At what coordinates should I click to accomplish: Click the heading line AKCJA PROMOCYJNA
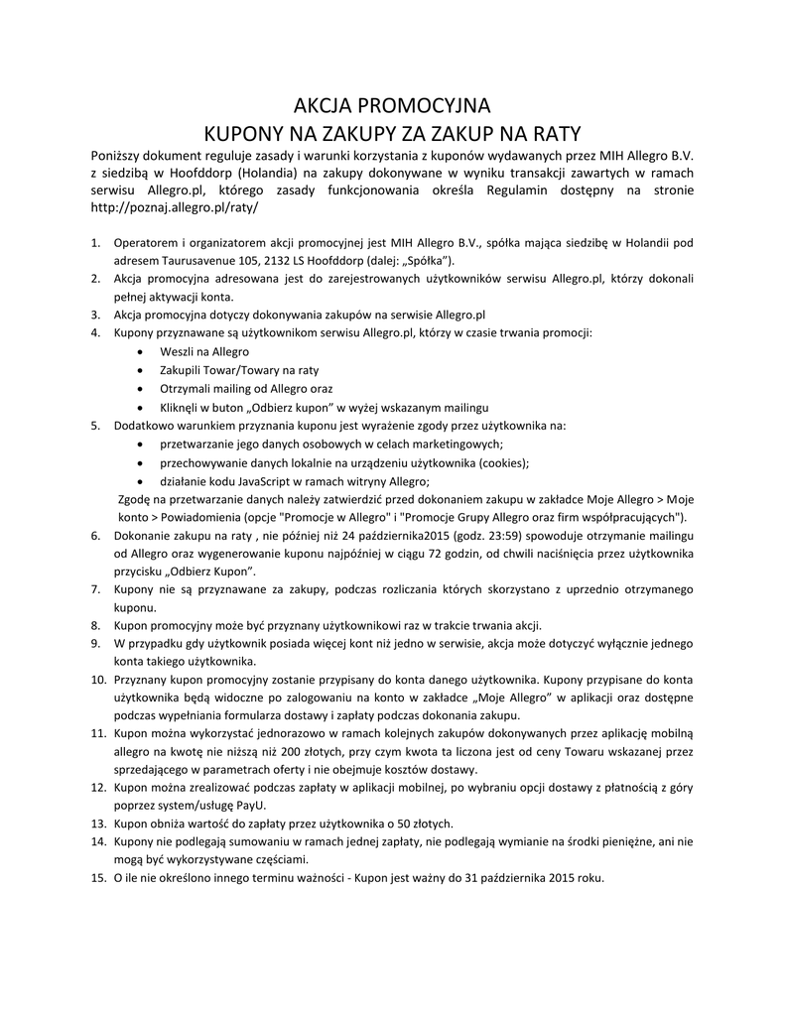392,106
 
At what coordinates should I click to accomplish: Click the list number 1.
96,241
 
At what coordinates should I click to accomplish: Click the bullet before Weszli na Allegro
138,352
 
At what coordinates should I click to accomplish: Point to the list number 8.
96,625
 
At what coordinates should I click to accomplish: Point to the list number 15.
98,878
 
